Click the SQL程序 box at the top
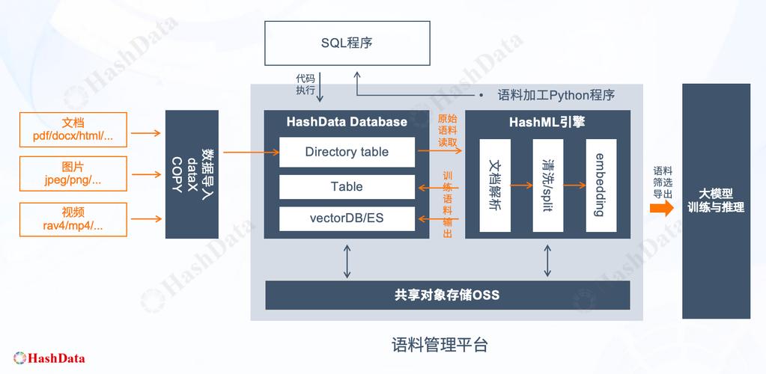pyautogui.click(x=347, y=43)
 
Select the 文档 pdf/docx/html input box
pyautogui.click(x=73, y=129)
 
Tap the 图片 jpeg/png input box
pyautogui.click(x=73, y=174)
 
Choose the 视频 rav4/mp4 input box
pyautogui.click(x=73, y=218)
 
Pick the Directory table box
pyautogui.click(x=347, y=152)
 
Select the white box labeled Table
pyautogui.click(x=347, y=187)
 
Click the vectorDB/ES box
pyautogui.click(x=347, y=218)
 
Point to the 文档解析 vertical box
pyautogui.click(x=494, y=185)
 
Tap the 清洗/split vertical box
pyautogui.click(x=547, y=185)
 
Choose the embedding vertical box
pyautogui.click(x=601, y=185)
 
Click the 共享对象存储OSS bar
pyautogui.click(x=447, y=295)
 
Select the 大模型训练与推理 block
pyautogui.click(x=716, y=200)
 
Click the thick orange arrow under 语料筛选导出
pyautogui.click(x=662, y=209)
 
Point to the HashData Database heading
pyautogui.click(x=347, y=122)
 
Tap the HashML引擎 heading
pyautogui.click(x=547, y=122)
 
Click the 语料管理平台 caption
pyautogui.click(x=440, y=345)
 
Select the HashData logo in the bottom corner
pyautogui.click(x=49, y=358)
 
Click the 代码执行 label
pyautogui.click(x=306, y=84)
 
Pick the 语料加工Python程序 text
pyautogui.click(x=556, y=96)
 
